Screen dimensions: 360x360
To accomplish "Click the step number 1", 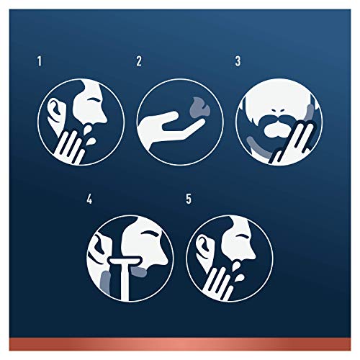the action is coord(40,61).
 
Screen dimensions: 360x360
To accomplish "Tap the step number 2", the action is coord(139,61).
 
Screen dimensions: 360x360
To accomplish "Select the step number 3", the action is coord(238,61).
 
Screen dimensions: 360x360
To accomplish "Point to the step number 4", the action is coord(89,199).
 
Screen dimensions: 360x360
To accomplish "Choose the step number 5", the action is coord(189,199).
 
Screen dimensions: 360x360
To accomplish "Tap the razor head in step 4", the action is coord(125,260).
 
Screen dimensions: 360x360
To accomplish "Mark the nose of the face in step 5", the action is coord(251,254).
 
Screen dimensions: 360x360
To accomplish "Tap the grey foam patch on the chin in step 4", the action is coord(139,271).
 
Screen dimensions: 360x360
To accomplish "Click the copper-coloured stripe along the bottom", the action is coord(180,343).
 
